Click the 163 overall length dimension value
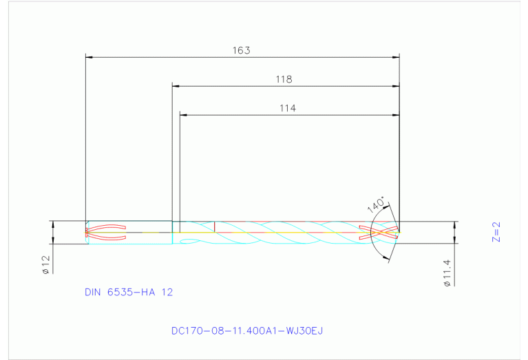coord(241,50)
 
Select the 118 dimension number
coord(284,79)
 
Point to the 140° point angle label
coord(375,205)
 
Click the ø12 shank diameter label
coord(45,265)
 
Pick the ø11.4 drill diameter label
coord(447,273)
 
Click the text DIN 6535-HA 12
coord(129,292)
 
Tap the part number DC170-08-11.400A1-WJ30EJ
coord(247,331)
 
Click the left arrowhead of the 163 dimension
coord(87,57)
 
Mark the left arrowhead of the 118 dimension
coord(175,86)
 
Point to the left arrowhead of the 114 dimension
coord(182,114)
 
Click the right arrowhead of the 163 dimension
coord(397,57)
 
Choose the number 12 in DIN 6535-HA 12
coord(167,292)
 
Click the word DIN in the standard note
coord(93,292)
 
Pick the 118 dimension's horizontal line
coord(227,86)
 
